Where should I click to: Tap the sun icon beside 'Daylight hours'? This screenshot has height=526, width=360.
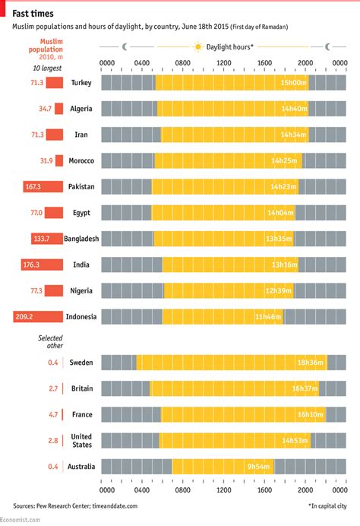198,46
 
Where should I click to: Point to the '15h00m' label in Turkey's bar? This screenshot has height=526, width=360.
293,82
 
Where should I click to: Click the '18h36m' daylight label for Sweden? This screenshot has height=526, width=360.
311,363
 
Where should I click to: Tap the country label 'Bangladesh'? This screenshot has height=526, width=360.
82,239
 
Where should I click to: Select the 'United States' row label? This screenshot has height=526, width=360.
81,441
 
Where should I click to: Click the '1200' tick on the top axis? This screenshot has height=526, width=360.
223,63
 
